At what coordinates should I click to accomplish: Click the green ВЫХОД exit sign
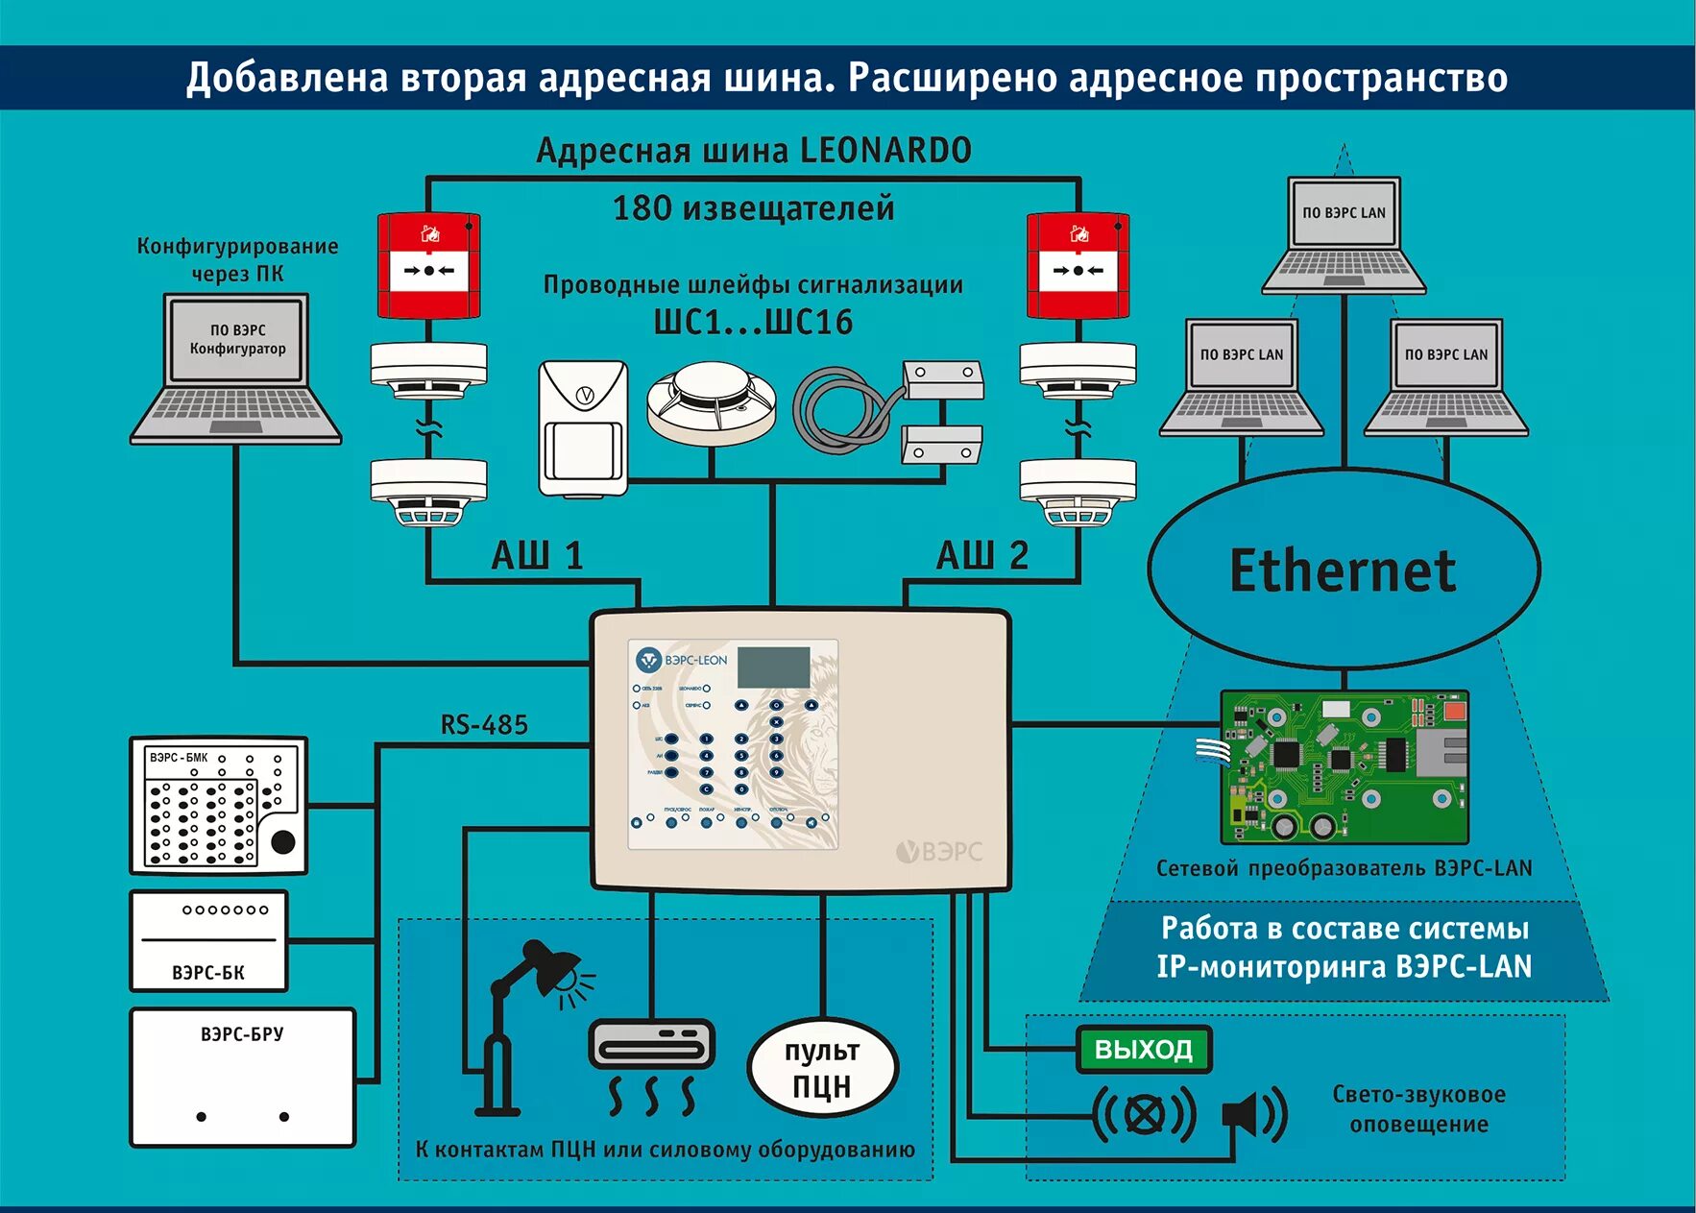click(1143, 1049)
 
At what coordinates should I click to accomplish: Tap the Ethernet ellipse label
click(1343, 570)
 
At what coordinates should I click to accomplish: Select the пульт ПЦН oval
click(822, 1068)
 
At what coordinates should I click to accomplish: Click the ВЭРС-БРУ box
click(242, 1077)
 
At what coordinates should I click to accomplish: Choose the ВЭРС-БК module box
click(208, 941)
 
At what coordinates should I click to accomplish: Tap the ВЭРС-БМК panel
click(218, 805)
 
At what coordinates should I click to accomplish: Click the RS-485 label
click(484, 725)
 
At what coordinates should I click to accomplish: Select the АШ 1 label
click(537, 556)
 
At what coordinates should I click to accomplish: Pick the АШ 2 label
click(981, 556)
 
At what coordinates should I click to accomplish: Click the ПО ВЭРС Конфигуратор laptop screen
click(237, 340)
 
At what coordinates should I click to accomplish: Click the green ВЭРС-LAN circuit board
click(1345, 766)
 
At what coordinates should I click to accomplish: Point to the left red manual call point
click(428, 265)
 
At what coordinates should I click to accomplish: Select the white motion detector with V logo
click(583, 427)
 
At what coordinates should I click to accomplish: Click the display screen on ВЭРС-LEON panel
click(773, 667)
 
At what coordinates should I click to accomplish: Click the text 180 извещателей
click(753, 208)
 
